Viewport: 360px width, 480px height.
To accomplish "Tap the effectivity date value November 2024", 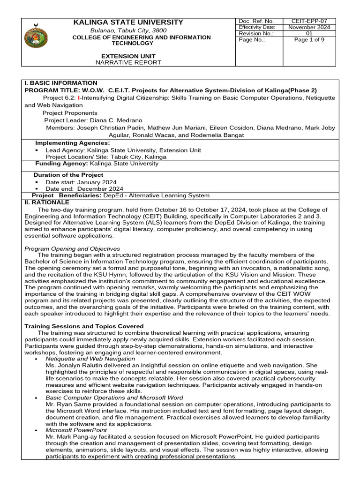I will (x=309, y=27).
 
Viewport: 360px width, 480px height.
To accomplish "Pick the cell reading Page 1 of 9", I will (x=309, y=40).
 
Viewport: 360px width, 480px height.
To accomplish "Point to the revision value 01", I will (x=309, y=34).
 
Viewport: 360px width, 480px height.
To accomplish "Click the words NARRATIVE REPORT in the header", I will (x=128, y=62).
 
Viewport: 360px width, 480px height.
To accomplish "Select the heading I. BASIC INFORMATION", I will (x=61, y=83).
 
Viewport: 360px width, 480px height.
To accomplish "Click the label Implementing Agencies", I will (x=73, y=143).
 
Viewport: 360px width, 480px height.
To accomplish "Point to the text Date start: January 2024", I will (x=81, y=182).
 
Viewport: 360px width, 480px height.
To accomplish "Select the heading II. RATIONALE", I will (x=46, y=202).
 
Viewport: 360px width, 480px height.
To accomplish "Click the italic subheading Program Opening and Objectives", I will (x=72, y=248).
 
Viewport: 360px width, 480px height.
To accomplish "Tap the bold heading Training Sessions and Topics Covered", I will (x=84, y=326).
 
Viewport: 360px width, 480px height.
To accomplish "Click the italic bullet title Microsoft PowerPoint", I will (x=76, y=430).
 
